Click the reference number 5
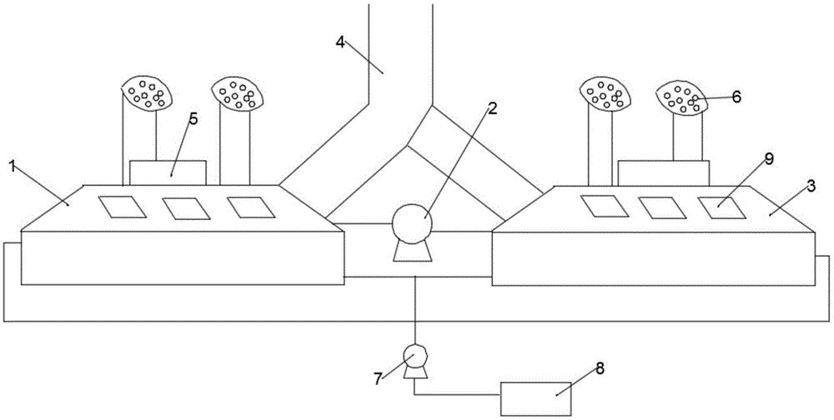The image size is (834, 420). coord(193,118)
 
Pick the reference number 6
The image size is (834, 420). coord(736,96)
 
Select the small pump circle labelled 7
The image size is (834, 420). coord(414,357)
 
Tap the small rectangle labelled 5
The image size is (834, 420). coord(168,172)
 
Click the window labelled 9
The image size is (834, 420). coord(721,206)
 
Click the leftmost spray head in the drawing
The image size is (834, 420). coord(147,93)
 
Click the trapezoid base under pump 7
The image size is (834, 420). coord(414,374)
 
